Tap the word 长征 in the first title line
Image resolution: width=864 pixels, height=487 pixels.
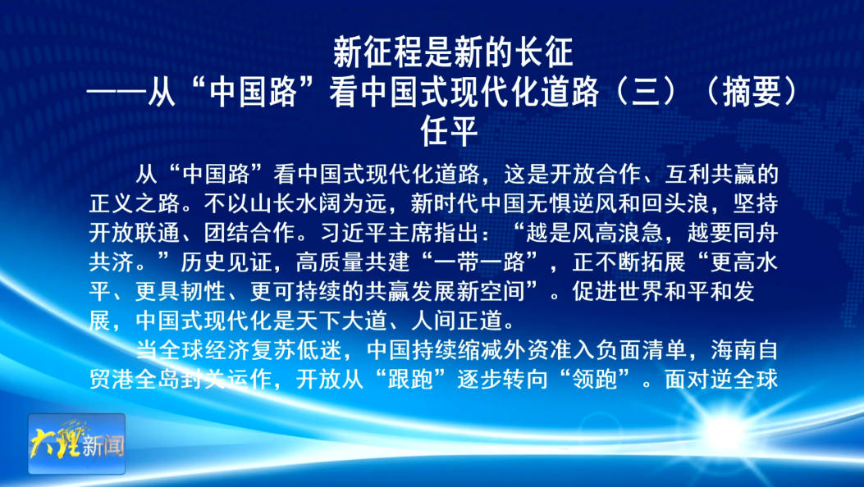(x=543, y=55)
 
